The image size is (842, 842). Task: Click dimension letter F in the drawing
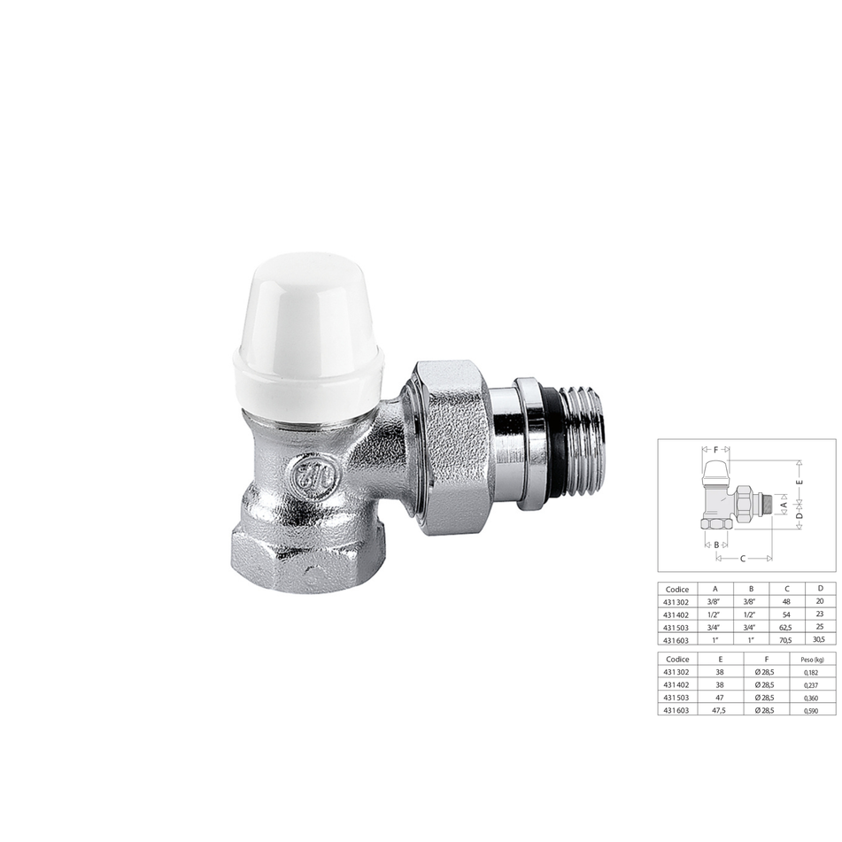(715, 449)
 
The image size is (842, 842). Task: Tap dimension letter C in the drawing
(743, 559)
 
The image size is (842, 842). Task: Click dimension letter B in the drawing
(716, 545)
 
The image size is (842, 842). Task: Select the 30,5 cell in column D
(819, 639)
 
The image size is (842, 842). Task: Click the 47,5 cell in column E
(706, 711)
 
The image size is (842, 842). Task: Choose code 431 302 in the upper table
(676, 601)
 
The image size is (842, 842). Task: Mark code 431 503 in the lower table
(676, 699)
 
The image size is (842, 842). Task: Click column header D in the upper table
(819, 588)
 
